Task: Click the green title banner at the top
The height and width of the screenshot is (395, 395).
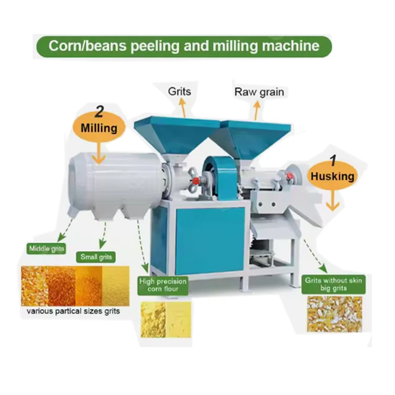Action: coord(184,46)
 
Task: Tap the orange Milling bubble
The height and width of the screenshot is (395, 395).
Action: coord(99,128)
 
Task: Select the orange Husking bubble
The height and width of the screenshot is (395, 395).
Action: coord(332,176)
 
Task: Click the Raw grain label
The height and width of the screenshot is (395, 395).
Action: coord(259,92)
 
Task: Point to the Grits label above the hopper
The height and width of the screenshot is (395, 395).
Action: coord(180,92)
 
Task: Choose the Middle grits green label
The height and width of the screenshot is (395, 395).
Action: coord(46,249)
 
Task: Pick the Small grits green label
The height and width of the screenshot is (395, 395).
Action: coord(96,257)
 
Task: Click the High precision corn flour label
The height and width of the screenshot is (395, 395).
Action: coord(163,285)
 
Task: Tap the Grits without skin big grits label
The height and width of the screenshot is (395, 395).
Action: coord(333,284)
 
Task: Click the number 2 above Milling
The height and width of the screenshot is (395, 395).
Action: coord(99,111)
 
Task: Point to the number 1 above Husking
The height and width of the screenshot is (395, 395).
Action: coord(333,161)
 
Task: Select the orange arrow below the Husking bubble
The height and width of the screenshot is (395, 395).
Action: coord(333,201)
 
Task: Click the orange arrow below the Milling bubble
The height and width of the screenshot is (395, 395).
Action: coord(98,153)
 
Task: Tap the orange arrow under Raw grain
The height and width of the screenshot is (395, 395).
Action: coord(256,111)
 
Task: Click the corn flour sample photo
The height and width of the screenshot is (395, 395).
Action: coord(166,320)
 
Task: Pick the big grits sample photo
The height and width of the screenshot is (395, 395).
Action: coord(334,314)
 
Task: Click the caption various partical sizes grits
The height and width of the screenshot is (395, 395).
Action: coord(73,311)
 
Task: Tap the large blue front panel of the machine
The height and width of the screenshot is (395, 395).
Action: coord(210,241)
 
